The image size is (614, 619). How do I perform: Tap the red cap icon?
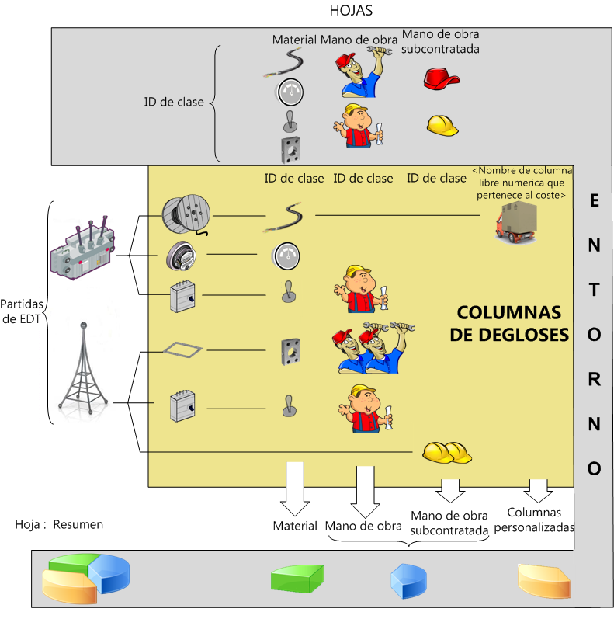(x=441, y=78)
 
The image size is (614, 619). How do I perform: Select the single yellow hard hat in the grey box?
(x=442, y=123)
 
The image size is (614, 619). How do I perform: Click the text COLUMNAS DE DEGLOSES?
(x=508, y=323)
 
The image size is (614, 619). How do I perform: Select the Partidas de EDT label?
(x=23, y=310)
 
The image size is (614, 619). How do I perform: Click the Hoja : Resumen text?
(x=59, y=524)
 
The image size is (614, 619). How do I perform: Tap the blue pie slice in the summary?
(x=408, y=579)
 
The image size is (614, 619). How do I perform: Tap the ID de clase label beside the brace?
(x=174, y=102)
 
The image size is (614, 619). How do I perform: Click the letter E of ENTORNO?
(x=594, y=201)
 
